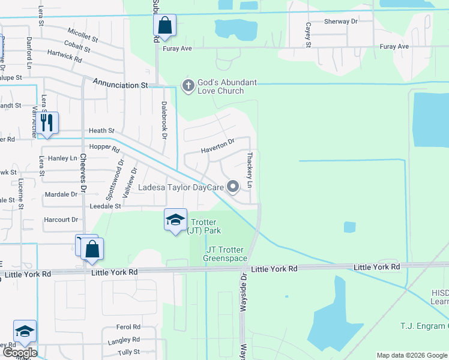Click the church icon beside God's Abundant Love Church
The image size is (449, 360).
188,86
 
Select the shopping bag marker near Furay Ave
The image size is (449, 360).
164,26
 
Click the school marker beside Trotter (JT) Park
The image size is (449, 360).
175,220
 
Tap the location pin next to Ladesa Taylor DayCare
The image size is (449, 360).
233,187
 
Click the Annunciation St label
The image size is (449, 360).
119,86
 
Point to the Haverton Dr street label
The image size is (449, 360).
217,145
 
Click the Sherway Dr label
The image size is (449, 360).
340,22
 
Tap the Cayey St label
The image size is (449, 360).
308,35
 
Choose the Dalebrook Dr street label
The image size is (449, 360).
163,119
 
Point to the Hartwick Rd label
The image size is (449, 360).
65,56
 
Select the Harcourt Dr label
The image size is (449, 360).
62,220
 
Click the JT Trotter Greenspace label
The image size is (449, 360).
226,254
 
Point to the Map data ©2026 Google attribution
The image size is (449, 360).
411,355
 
